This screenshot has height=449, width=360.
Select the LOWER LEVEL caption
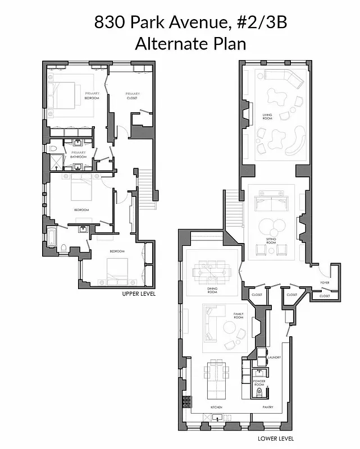pos(276,438)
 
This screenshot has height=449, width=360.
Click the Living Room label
pos(267,116)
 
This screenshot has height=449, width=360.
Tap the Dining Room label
pos(212,290)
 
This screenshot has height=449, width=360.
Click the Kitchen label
pos(216,406)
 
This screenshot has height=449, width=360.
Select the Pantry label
pos(268,406)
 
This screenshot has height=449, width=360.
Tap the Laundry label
pos(274,357)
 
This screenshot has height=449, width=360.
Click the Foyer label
pos(324,282)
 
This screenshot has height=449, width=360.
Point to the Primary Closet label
pos(133,95)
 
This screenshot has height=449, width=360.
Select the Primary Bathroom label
pos(78,154)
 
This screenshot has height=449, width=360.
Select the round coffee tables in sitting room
pos(272,227)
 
